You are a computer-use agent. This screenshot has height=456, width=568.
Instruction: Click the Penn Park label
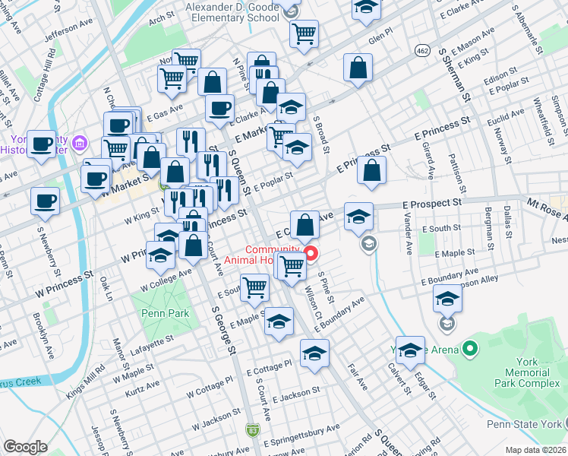coord(158,313)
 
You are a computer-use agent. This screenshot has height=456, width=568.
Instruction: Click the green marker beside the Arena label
coord(470,350)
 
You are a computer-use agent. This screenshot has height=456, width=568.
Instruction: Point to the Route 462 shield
coord(422,49)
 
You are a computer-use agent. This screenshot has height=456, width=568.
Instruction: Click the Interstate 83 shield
coord(252,430)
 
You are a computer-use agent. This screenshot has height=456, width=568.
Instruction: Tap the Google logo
coord(25,447)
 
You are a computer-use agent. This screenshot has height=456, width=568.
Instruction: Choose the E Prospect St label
coord(435,204)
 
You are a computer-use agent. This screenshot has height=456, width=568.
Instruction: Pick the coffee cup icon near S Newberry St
coord(45,201)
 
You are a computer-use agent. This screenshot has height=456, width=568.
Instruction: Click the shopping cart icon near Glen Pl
coord(304,33)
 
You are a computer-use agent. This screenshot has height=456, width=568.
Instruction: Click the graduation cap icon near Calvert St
coord(410,350)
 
